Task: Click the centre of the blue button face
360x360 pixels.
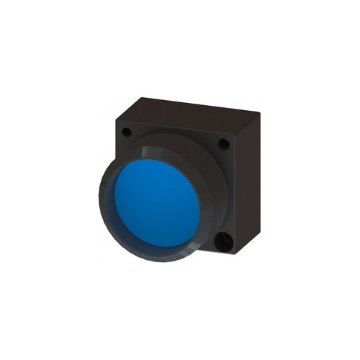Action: [x=157, y=204]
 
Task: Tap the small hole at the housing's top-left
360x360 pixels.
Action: [x=127, y=132]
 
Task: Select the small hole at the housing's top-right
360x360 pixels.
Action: [x=224, y=144]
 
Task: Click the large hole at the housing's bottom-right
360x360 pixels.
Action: [x=223, y=242]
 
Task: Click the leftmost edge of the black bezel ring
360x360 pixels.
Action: [x=99, y=198]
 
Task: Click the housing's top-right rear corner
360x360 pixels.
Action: [x=260, y=112]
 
